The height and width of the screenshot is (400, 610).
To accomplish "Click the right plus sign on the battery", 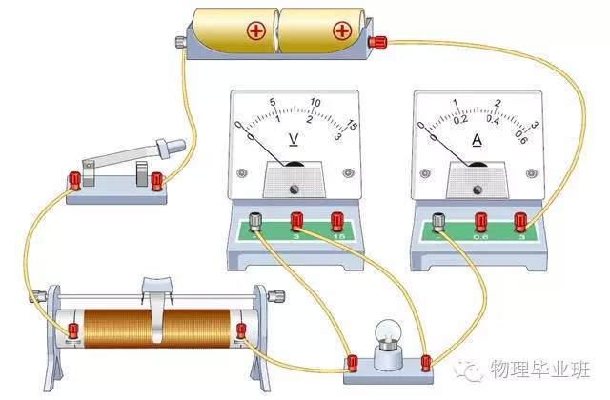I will [x=340, y=30].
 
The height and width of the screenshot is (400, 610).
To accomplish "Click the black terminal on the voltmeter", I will [x=255, y=222].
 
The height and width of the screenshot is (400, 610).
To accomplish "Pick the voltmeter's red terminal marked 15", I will [x=336, y=222].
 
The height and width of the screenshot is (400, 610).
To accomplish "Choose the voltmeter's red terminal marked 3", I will [x=296, y=222].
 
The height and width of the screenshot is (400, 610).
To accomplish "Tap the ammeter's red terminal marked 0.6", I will [x=479, y=222].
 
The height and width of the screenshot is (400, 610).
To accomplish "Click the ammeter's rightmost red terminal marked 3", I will [x=520, y=222].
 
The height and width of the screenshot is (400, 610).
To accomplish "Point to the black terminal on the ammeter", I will [x=438, y=222].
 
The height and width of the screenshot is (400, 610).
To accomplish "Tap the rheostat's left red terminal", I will [x=72, y=330].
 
